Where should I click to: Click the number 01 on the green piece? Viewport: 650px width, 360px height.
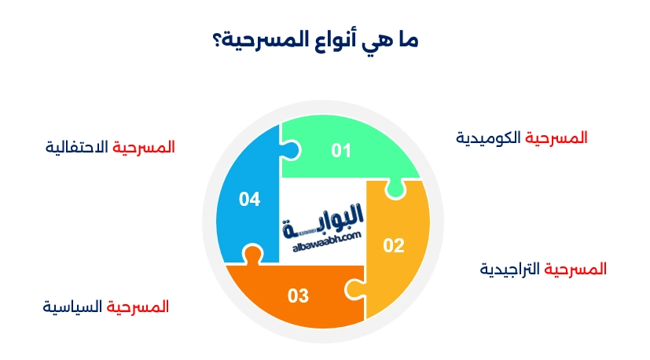340,150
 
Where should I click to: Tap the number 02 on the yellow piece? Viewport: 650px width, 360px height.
393,246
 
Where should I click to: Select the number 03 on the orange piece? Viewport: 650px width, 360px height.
298,296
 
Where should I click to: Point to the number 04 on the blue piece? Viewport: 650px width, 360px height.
249,200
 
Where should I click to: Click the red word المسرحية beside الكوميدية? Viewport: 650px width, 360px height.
556,138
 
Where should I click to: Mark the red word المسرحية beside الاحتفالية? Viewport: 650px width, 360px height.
144,147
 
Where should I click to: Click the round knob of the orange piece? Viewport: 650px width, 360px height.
252,254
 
